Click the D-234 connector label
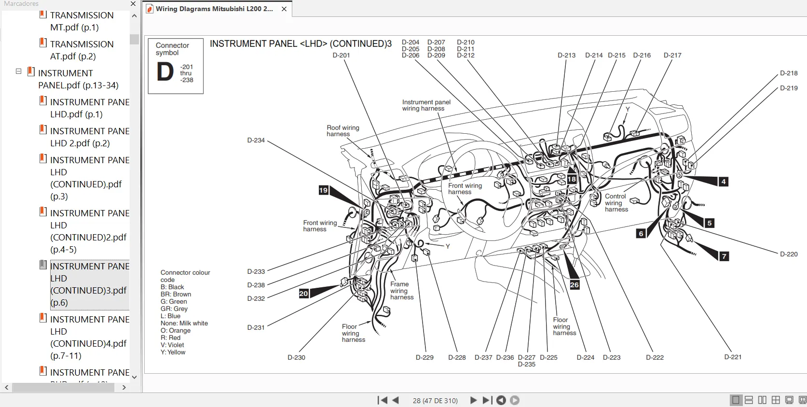point(256,140)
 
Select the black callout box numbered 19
point(323,190)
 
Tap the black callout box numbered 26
point(574,285)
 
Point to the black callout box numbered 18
point(572,179)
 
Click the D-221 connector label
point(732,357)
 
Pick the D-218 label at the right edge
point(789,73)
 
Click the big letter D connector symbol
point(165,72)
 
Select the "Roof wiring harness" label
point(342,131)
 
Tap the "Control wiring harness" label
point(616,203)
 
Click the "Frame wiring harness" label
point(401,291)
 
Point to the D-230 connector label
point(296,358)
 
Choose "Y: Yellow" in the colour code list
point(173,352)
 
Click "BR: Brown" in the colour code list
point(176,295)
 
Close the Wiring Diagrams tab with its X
point(284,9)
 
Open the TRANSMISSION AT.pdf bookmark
point(82,50)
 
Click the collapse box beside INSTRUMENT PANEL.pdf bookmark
point(18,71)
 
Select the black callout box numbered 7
point(724,256)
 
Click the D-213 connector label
point(566,56)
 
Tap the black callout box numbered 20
point(303,294)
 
